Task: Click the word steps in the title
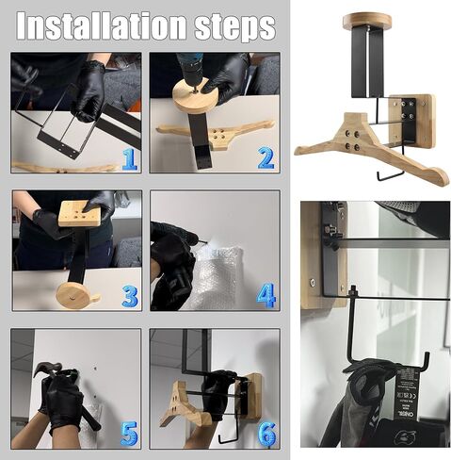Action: click(230, 25)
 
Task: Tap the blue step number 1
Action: click(128, 157)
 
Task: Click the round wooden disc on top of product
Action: click(367, 20)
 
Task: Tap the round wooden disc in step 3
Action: click(78, 298)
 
